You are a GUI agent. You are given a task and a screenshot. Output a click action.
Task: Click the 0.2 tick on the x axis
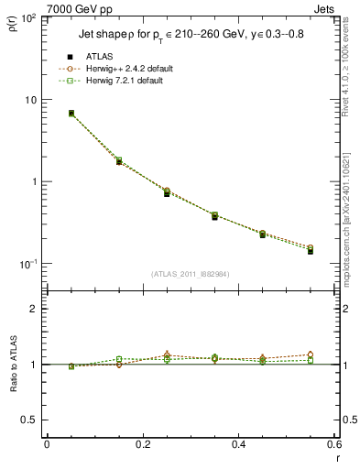(142, 444)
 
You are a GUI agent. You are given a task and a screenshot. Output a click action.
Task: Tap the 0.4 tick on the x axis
(238, 444)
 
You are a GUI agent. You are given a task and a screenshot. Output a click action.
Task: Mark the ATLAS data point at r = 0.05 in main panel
(71, 114)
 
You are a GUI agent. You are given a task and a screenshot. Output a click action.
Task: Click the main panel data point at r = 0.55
(311, 250)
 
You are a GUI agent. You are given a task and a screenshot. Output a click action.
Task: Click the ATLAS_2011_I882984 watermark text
(190, 274)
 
